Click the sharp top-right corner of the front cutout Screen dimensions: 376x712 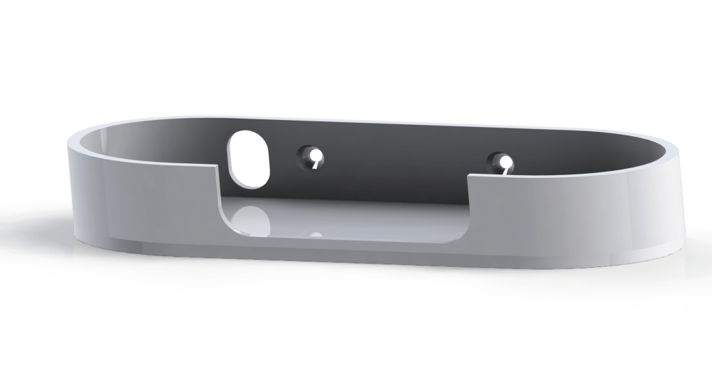pos(467,176)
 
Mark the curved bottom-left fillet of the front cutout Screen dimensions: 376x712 pos(227,222)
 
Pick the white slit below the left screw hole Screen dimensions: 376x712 pos(316,166)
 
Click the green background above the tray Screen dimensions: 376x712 pos(349,56)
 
